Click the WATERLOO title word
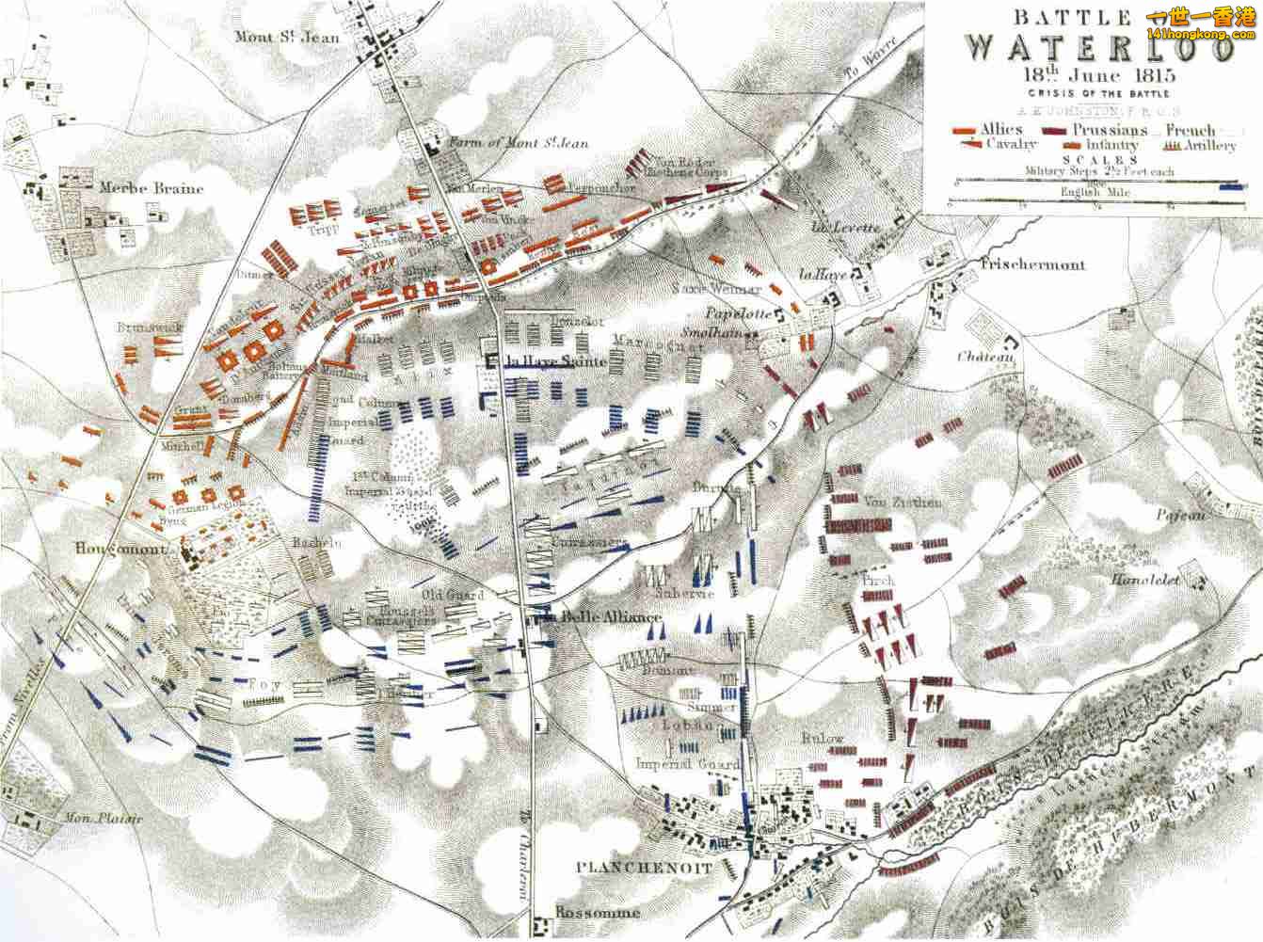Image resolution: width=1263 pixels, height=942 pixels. (x=1098, y=47)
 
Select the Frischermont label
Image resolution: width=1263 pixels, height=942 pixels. (x=1032, y=264)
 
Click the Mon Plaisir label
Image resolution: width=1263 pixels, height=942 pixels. (x=104, y=818)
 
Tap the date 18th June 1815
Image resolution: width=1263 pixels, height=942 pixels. (x=1095, y=76)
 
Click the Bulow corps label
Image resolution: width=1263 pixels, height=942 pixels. (x=823, y=739)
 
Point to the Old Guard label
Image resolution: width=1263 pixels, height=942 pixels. (x=452, y=595)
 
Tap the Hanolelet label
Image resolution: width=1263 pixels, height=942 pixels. (x=1145, y=579)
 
